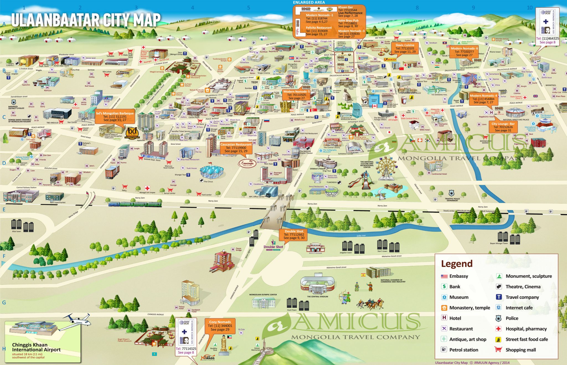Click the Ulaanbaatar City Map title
click(86, 20)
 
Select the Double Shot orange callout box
click(294, 234)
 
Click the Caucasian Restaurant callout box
click(236, 148)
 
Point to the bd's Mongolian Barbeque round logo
click(132, 133)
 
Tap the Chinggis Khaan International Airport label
click(36, 347)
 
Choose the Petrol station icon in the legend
click(444, 349)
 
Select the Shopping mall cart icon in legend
click(498, 349)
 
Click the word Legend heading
click(457, 264)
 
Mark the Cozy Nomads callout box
click(220, 326)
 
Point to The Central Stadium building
click(317, 284)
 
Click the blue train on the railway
click(135, 205)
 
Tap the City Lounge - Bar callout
click(503, 127)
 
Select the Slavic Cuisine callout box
click(405, 49)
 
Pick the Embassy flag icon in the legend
click(444, 276)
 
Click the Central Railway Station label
click(26, 188)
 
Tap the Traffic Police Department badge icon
click(451, 193)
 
